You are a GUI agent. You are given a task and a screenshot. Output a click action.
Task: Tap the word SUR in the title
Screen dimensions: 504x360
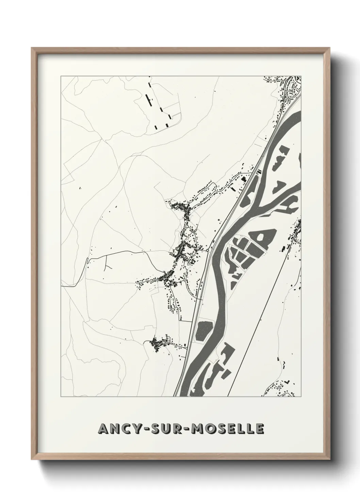coord(165,429)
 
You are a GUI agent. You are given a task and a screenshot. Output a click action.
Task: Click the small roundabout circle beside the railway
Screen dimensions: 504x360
coord(207,250)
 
